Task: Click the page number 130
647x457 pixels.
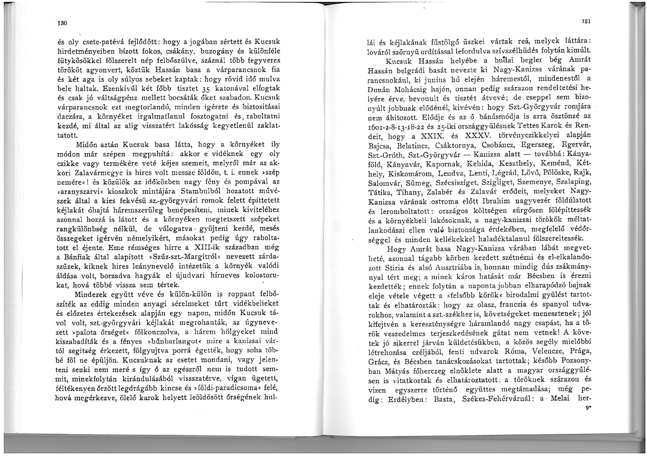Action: pos(61,23)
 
